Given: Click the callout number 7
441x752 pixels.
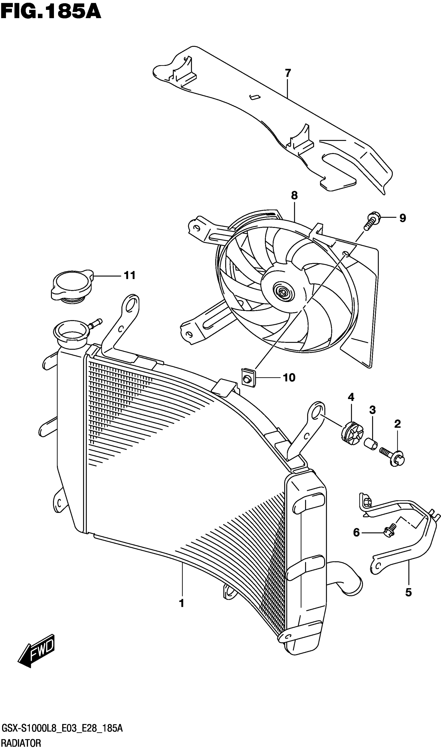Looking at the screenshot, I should point(288,73).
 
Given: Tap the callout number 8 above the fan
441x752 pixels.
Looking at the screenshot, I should point(294,196).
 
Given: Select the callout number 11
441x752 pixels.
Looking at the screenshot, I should point(130,275).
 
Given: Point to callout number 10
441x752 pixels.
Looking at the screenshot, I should point(289,378).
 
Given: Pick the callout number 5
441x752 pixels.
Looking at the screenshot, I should point(408,593).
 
